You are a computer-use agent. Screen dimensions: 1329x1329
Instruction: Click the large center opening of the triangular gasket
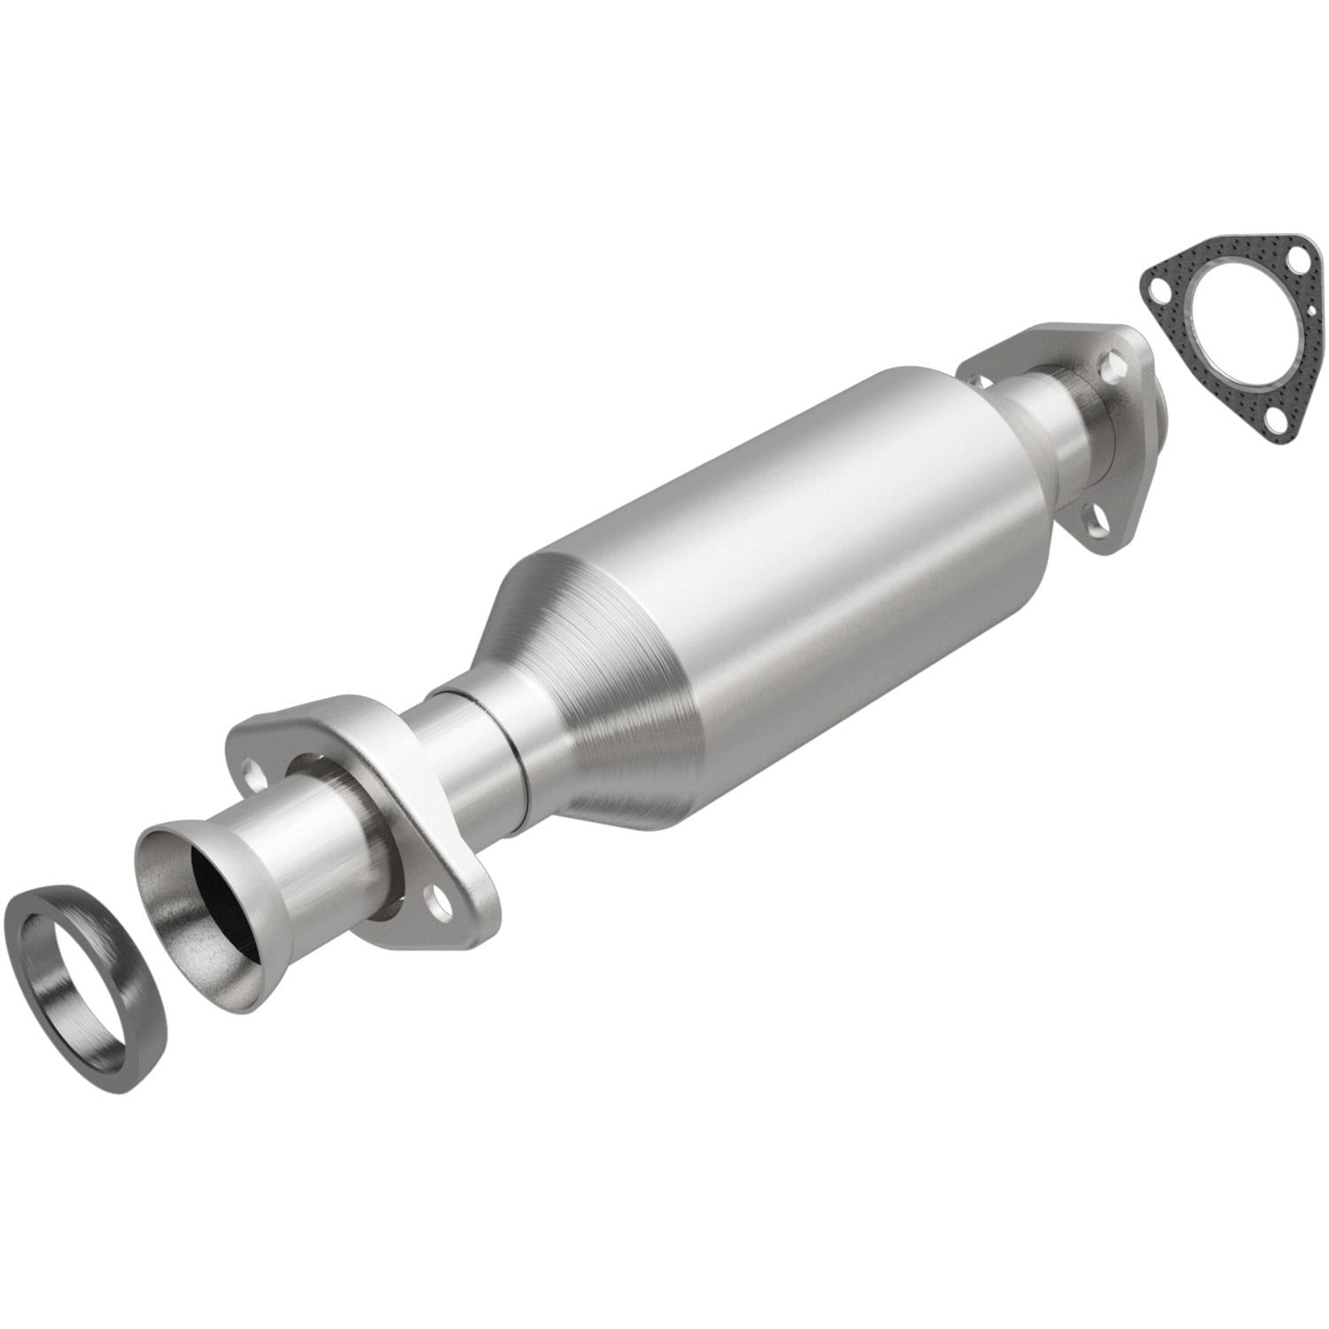(1235, 338)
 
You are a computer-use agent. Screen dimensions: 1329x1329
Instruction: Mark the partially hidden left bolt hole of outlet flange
(980, 380)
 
